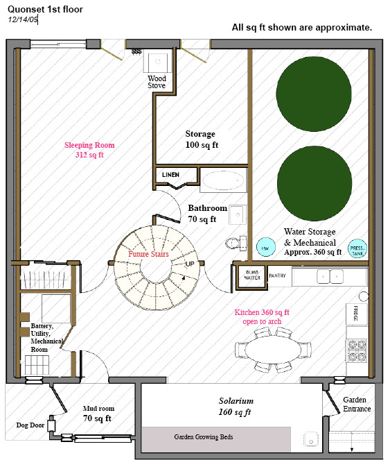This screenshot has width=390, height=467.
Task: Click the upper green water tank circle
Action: click(x=311, y=91)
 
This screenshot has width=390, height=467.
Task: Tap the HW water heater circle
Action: click(x=265, y=246)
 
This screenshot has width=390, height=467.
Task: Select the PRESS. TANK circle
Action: click(x=357, y=249)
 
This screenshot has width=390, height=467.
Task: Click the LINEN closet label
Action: click(x=171, y=173)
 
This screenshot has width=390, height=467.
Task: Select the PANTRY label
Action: click(x=276, y=275)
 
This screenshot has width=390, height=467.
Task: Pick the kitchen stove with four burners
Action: click(x=356, y=350)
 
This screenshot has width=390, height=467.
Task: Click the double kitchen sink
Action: click(x=329, y=276)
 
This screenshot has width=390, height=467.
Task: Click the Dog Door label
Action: click(x=30, y=425)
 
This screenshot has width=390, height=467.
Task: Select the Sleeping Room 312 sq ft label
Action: click(x=89, y=151)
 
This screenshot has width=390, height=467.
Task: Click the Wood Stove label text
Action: click(x=157, y=82)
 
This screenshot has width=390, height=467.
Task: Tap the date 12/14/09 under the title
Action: click(x=23, y=19)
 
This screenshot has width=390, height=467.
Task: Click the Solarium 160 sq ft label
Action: click(x=234, y=407)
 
